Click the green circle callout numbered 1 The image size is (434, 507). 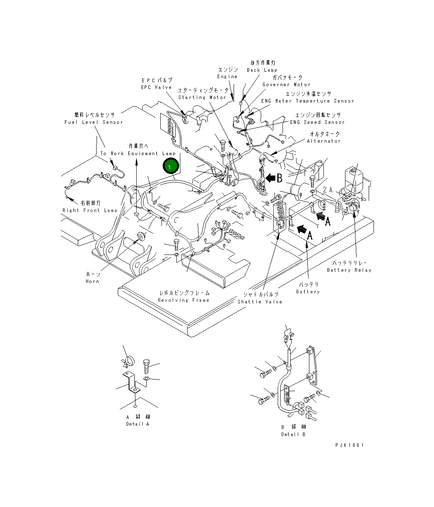point(170,166)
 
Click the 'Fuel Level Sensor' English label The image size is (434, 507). point(93,122)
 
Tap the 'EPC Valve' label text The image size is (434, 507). point(156,87)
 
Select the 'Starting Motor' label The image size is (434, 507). point(202,97)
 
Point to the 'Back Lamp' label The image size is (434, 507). point(262,70)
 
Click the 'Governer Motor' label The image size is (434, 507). point(287,85)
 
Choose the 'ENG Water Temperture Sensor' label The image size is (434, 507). point(308,101)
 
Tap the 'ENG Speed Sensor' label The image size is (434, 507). point(317,122)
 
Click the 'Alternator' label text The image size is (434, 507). point(324,141)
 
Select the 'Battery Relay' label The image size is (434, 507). point(349,270)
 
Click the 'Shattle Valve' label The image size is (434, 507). point(260,302)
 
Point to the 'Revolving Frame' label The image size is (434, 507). point(184,300)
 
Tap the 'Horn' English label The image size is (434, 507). point(92,281)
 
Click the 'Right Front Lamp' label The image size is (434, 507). point(90,210)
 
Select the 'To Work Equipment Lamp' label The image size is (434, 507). point(137,154)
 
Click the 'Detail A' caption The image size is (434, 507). point(137,424)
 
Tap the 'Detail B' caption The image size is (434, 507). point(293,434)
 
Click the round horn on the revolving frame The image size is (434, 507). point(141,236)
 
